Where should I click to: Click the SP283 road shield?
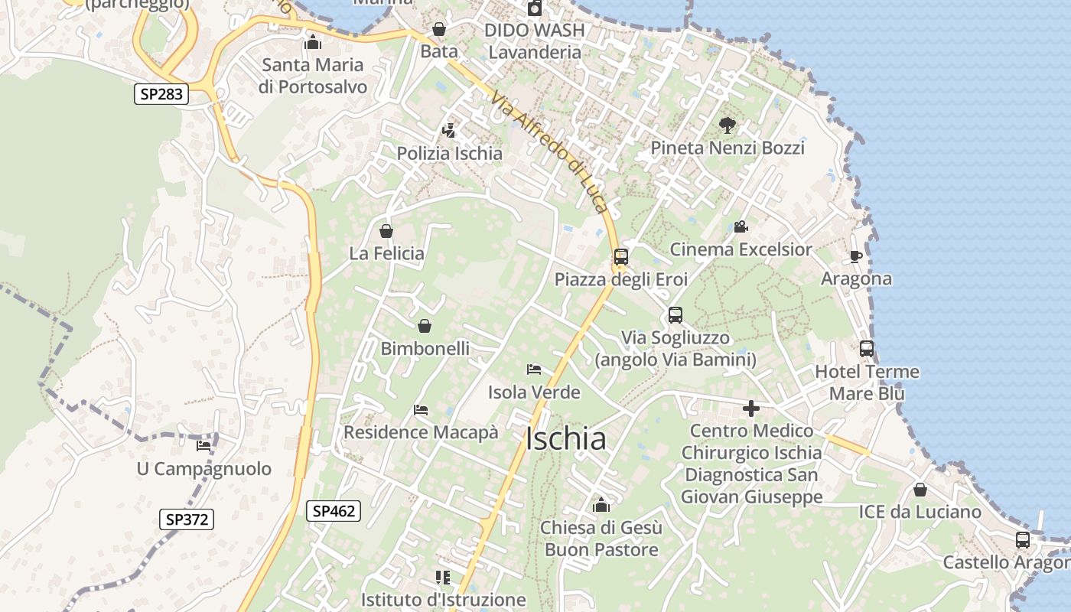(161, 94)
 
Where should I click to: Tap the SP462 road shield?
(334, 510)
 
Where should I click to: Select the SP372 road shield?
(187, 519)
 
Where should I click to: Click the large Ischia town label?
(566, 439)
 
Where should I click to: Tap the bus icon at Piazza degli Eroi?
(621, 257)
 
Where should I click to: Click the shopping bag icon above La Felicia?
(386, 230)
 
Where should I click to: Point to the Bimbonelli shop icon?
(425, 326)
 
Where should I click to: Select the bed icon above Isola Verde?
(535, 369)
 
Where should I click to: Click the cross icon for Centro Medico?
(751, 409)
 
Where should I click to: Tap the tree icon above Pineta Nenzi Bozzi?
(727, 125)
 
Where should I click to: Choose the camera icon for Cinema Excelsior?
(740, 226)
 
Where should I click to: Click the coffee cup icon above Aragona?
(855, 256)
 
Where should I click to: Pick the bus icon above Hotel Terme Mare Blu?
(867, 349)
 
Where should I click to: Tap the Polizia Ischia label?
(449, 153)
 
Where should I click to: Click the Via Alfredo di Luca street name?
(550, 153)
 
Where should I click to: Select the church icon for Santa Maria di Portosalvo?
(312, 42)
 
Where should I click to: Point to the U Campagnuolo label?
(203, 469)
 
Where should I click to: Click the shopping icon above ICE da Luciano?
(920, 490)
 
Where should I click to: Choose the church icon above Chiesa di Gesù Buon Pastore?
(601, 505)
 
